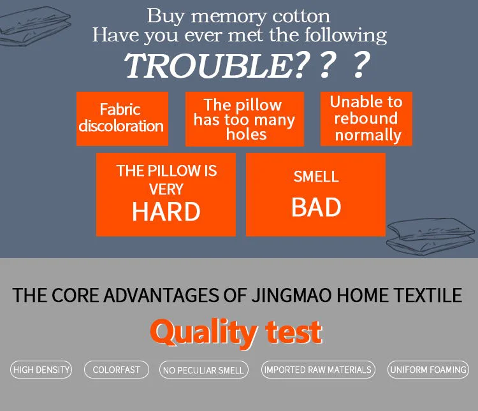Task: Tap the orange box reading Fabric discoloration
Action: [x=122, y=119]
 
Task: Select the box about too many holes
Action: [x=245, y=119]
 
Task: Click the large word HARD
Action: [x=166, y=212]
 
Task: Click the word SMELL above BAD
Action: [x=316, y=177]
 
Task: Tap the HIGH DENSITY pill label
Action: [x=41, y=370]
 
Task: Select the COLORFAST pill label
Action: [x=116, y=370]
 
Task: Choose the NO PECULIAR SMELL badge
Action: [x=203, y=370]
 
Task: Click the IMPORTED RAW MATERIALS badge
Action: [x=318, y=370]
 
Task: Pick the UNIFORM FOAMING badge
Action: [x=428, y=370]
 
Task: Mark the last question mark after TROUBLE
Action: [x=361, y=66]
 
